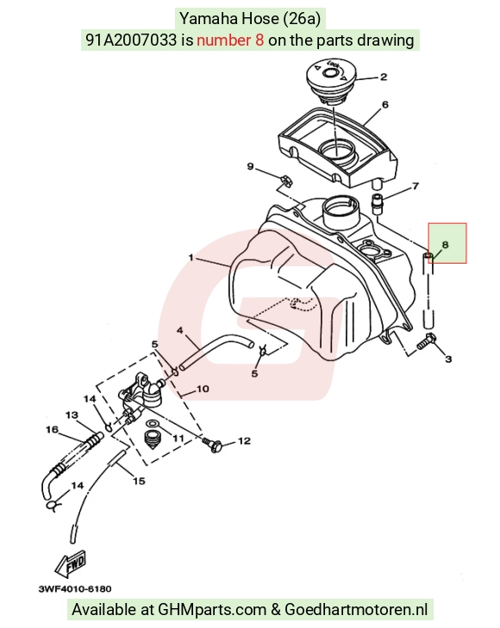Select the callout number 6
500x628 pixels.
coord(385,104)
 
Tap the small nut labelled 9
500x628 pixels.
coord(284,181)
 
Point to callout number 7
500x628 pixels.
coord(416,186)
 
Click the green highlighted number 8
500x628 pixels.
coord(445,245)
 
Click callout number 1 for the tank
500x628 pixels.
coord(191,257)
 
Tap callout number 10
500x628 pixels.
coord(203,389)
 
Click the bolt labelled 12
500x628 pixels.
coord(212,444)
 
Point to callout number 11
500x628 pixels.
coord(178,438)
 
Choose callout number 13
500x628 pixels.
coord(72,415)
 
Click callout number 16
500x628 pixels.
coord(52,429)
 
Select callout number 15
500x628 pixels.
coord(139,481)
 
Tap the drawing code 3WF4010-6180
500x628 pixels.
coord(75,589)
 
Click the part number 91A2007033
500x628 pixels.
coord(131,40)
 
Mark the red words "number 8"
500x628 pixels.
coord(230,40)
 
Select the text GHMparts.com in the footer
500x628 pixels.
coord(212,609)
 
